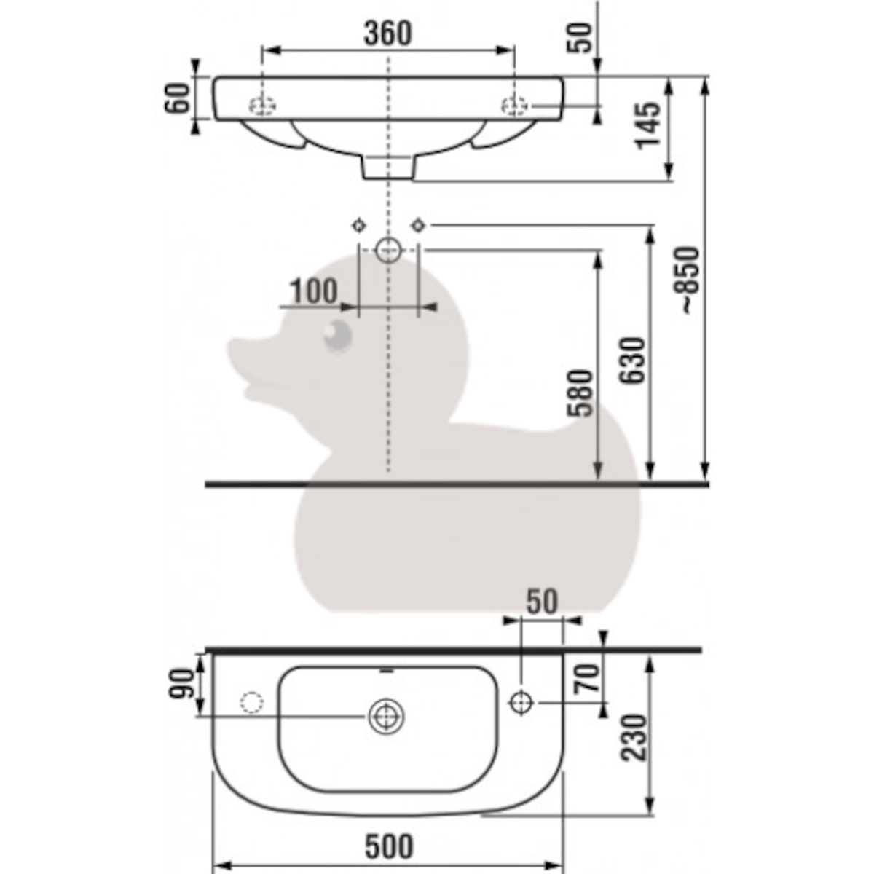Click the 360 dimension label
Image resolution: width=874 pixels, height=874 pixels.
(387, 34)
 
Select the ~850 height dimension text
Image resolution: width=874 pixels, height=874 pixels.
(690, 280)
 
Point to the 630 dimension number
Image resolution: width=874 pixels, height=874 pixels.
(633, 361)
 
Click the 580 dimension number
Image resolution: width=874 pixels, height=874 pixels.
(580, 393)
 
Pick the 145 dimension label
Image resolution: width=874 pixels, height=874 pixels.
(648, 126)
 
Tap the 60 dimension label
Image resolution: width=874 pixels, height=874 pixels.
(177, 98)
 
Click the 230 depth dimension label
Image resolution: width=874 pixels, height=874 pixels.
(633, 738)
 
